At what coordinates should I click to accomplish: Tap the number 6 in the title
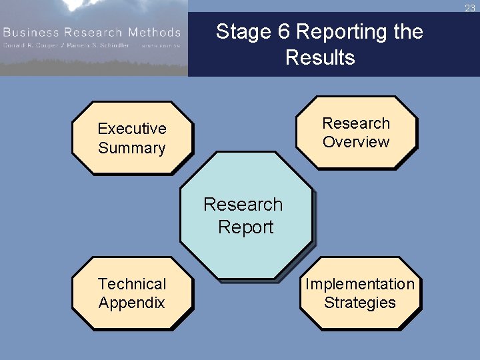(282, 31)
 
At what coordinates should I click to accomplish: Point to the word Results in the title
(320, 57)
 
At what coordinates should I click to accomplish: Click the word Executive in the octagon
(132, 128)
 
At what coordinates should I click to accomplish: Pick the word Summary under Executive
(132, 148)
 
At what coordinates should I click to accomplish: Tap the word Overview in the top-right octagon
(356, 142)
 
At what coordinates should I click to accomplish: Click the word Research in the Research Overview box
(356, 123)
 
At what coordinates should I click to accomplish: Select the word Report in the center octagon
(245, 227)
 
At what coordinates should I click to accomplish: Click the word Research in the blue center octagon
(243, 204)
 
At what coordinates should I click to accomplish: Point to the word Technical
(132, 284)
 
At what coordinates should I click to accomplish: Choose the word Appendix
(132, 303)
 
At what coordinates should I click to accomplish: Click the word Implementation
(360, 284)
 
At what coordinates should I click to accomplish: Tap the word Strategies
(360, 303)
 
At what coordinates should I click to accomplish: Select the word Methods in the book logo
(153, 32)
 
